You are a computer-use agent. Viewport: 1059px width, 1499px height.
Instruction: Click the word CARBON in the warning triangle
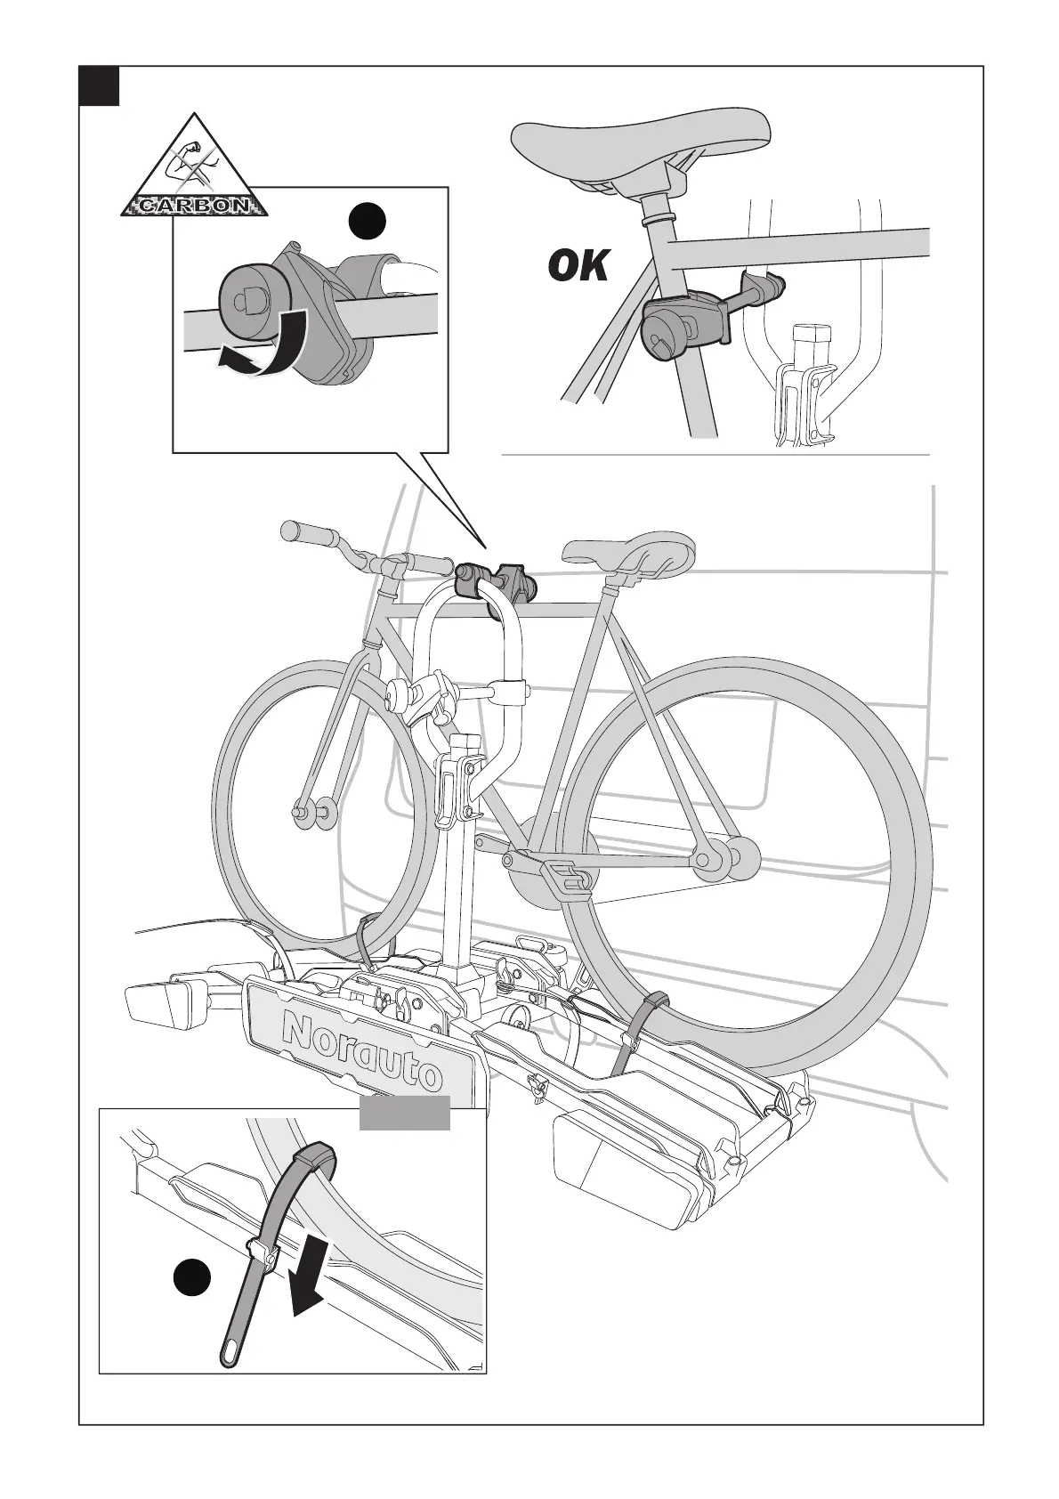pos(194,206)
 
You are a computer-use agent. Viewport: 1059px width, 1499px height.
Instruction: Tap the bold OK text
pos(579,265)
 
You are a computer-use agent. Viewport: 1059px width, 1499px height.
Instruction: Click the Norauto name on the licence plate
pos(361,1051)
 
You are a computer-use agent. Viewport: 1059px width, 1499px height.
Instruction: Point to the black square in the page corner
pos(99,85)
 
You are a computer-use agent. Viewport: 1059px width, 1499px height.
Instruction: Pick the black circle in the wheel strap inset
pos(191,1278)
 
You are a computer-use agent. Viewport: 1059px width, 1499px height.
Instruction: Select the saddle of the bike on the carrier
pos(633,554)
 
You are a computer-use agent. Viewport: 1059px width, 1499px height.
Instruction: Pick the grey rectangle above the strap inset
pos(404,1113)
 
